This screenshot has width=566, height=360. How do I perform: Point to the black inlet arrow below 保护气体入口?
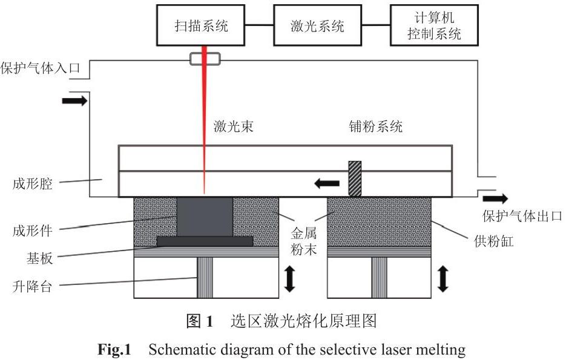(74, 100)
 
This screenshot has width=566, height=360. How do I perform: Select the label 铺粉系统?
(375, 126)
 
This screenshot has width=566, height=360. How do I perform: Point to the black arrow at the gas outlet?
(496, 198)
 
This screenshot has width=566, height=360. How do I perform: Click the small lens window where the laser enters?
(204, 59)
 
